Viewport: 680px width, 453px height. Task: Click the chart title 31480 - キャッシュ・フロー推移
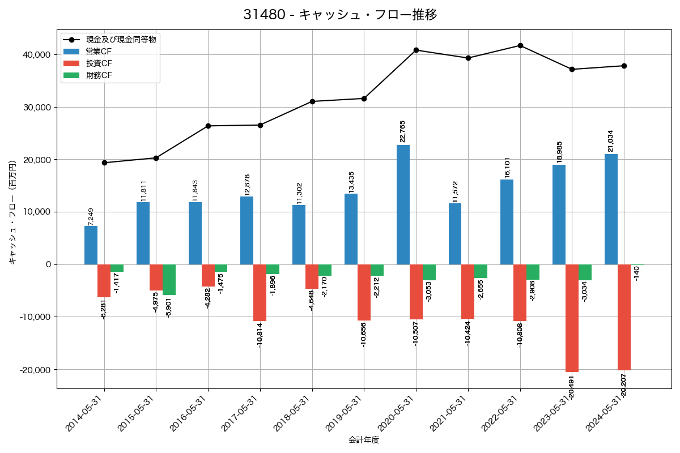(340, 15)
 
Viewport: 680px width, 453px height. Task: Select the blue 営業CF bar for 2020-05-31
(403, 204)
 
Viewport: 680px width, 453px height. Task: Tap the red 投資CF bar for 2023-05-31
(572, 318)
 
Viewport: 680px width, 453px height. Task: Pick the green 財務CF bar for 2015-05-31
(169, 280)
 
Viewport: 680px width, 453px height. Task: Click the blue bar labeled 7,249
(91, 245)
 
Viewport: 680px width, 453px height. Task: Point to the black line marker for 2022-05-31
(520, 45)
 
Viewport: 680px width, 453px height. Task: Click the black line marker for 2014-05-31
(104, 163)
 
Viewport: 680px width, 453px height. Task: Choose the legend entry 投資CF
(99, 63)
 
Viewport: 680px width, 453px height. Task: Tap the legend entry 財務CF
(99, 75)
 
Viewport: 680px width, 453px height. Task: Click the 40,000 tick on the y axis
(35, 55)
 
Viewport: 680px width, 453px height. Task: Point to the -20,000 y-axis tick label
(33, 370)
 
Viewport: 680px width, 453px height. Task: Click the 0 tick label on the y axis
(48, 264)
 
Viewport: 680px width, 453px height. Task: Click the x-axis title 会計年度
(363, 440)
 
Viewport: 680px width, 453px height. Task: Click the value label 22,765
(403, 131)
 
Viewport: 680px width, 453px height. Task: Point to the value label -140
(636, 273)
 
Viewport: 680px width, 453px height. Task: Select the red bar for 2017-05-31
(260, 293)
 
